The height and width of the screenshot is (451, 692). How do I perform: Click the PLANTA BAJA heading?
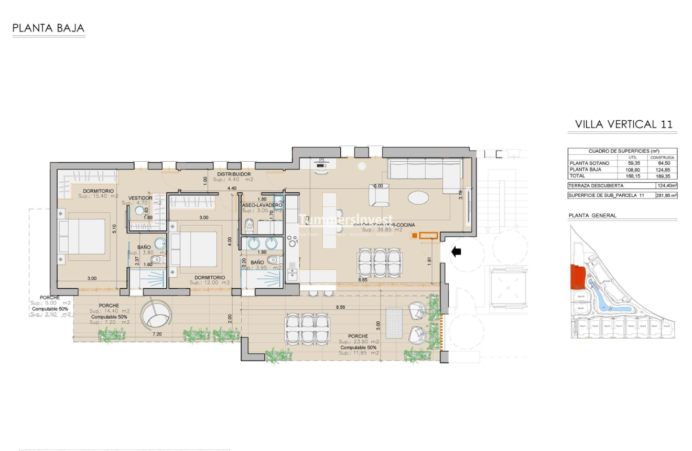point(48,28)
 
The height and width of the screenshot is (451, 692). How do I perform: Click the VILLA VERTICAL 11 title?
point(623,124)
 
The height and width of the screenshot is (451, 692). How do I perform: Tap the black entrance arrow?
point(456,252)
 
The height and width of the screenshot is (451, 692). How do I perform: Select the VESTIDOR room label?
point(140,198)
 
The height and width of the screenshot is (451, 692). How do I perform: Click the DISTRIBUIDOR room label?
point(234,174)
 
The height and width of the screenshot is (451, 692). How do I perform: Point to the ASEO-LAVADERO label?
point(262,205)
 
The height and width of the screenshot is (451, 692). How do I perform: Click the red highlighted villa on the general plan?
point(577,276)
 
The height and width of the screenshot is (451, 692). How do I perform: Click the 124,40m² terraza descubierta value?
point(666,186)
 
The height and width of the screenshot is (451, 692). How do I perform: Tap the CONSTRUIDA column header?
point(663,158)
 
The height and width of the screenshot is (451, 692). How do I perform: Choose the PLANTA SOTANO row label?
point(589,163)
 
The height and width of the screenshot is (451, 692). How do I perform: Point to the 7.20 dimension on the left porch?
point(157,333)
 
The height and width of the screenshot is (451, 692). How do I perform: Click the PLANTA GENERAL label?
point(592,215)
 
